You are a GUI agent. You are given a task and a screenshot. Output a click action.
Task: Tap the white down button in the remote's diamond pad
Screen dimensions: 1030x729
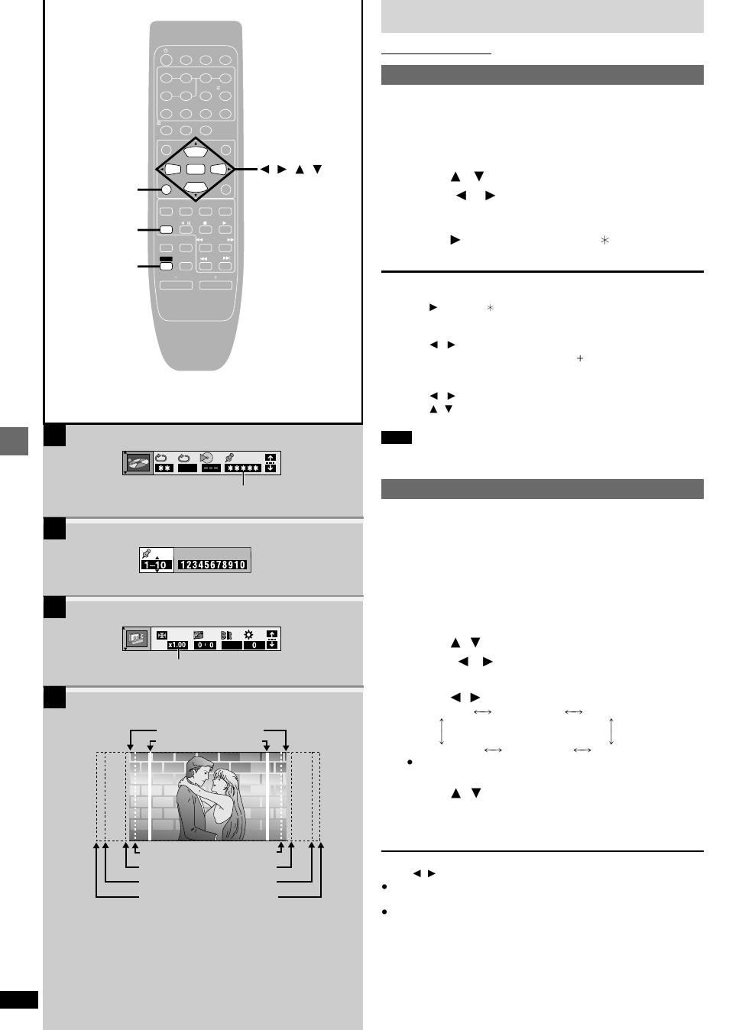(196, 186)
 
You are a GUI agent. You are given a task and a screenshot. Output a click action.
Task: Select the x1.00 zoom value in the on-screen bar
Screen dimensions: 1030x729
(177, 645)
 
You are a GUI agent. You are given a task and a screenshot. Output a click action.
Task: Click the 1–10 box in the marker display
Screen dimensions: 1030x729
(156, 565)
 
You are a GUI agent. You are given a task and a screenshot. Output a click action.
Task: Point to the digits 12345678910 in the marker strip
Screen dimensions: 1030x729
(212, 565)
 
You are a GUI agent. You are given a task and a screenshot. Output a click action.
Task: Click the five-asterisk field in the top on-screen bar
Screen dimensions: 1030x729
(243, 468)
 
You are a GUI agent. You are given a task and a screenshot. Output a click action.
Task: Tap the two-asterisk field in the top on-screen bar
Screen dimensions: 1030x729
(164, 468)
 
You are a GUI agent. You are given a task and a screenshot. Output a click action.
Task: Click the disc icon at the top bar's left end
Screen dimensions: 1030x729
(138, 463)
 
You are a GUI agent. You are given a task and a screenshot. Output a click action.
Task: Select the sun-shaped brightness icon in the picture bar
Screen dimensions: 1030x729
(248, 634)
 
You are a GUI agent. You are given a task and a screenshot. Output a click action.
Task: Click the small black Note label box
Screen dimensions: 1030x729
(396, 438)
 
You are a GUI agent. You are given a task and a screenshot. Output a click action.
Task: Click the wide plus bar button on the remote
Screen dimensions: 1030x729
(215, 286)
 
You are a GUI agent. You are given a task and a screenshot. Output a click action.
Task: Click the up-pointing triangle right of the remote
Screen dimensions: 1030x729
(300, 169)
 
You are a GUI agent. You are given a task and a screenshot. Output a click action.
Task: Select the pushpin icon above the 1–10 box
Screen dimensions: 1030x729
(147, 553)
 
